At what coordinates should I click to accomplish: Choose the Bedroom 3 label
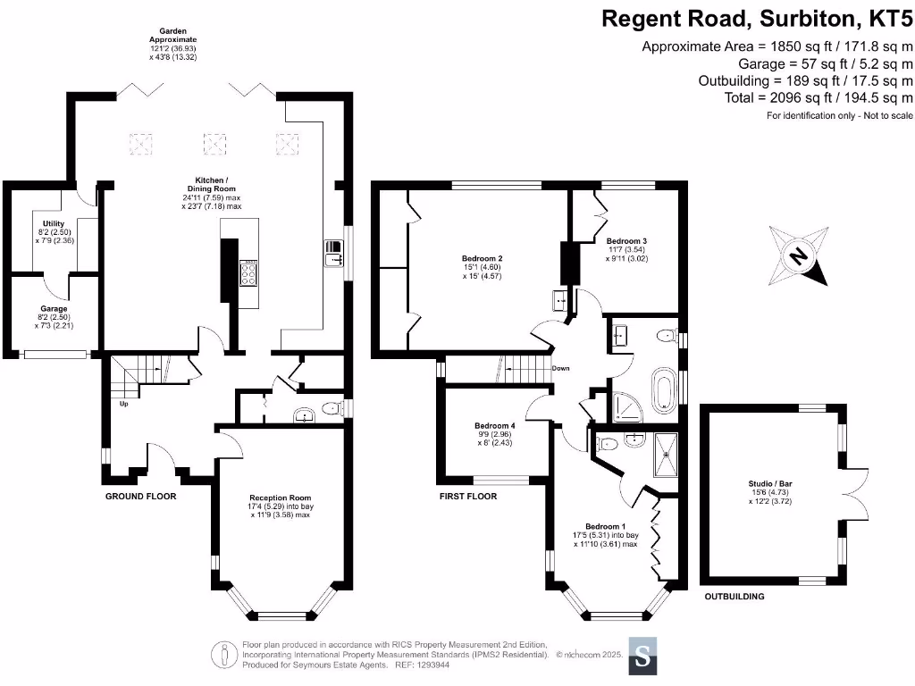click(x=625, y=241)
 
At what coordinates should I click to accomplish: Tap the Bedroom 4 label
click(x=494, y=426)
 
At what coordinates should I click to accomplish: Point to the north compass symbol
click(x=800, y=256)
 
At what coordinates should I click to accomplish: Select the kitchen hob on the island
click(x=248, y=272)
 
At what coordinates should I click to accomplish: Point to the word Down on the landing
click(x=561, y=368)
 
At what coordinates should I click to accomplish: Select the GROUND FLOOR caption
click(x=140, y=496)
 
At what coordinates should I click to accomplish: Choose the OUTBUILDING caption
click(x=734, y=596)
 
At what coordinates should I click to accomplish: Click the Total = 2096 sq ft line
click(x=818, y=97)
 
